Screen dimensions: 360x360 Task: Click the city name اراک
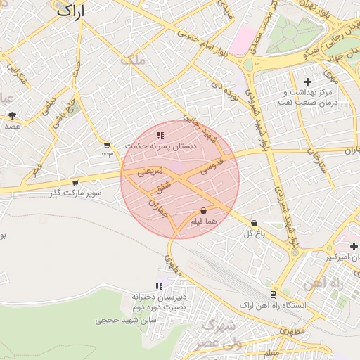(68, 11)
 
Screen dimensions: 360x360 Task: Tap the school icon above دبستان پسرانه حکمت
(160, 135)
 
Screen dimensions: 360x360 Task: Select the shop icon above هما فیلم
(203, 210)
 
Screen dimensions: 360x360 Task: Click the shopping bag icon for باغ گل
(253, 223)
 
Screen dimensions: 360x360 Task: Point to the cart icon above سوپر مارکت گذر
(75, 182)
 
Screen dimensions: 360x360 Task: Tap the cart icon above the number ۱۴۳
(106, 146)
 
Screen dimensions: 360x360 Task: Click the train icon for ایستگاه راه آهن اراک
(272, 295)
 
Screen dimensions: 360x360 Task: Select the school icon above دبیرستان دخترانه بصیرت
(160, 286)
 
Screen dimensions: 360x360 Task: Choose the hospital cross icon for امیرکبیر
(354, 246)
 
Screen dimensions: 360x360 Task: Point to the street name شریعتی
(150, 171)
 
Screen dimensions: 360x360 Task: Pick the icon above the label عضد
(12, 115)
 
